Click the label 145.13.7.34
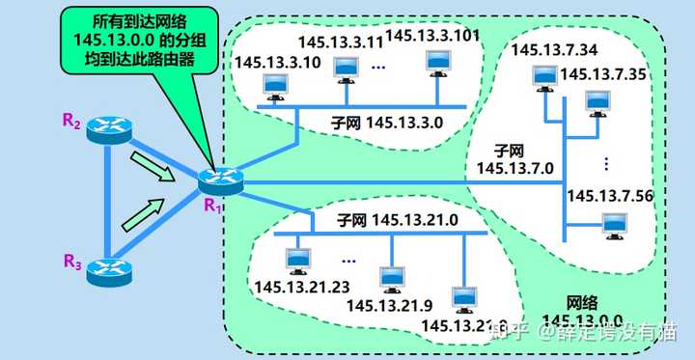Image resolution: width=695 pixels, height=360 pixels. point(553,49)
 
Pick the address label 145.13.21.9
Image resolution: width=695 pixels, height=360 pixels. point(385,305)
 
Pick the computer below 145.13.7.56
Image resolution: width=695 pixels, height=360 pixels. point(612,225)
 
